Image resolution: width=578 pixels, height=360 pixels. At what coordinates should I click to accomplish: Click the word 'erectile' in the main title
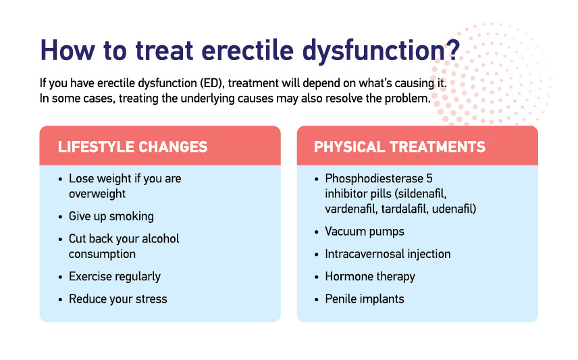pos(247,50)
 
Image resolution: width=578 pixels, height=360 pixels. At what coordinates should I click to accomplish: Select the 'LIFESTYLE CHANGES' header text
pos(133,147)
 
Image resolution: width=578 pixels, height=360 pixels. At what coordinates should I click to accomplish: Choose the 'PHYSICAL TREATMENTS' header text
pos(400,147)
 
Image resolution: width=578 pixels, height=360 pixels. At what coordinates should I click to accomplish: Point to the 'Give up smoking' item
pos(111,217)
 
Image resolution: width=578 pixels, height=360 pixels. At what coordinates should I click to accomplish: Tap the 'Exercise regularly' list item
pos(115,277)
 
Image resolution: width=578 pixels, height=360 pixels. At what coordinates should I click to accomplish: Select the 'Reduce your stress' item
pos(118,299)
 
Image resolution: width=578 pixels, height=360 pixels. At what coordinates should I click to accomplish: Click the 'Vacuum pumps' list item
pos(365,232)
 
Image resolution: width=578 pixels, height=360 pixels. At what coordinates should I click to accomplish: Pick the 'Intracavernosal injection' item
pos(388,254)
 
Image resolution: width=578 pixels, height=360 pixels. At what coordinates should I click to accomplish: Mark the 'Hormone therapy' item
pos(370,277)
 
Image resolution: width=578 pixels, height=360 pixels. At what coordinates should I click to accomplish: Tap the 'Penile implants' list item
pos(365,299)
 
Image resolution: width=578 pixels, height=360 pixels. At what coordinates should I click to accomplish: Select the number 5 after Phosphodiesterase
pos(429,178)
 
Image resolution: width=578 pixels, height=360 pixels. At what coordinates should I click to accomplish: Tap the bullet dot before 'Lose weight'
pos(61,180)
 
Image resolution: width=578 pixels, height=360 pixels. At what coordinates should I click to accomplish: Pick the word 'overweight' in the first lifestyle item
pos(97,194)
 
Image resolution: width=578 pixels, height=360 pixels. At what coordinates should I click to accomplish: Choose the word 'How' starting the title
pos(68,50)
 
